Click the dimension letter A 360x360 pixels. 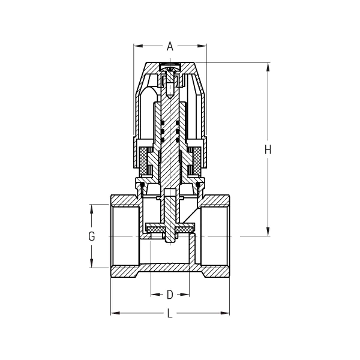pyautogui.click(x=170, y=46)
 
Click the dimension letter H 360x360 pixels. pyautogui.click(x=268, y=149)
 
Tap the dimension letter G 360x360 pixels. pyautogui.click(x=92, y=236)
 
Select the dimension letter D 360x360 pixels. pyautogui.click(x=170, y=295)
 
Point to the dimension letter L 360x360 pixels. pyautogui.click(x=170, y=313)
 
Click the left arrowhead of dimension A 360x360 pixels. pyautogui.click(x=138, y=46)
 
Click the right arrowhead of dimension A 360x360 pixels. pyautogui.click(x=202, y=46)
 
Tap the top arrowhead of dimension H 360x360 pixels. pyautogui.click(x=268, y=67)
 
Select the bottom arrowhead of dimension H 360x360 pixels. pyautogui.click(x=268, y=232)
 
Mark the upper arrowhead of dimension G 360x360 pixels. pyautogui.click(x=92, y=209)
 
